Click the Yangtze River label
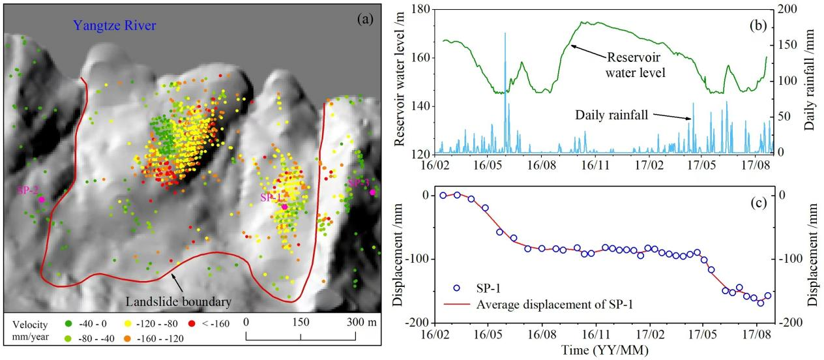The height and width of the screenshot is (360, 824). [x=115, y=26]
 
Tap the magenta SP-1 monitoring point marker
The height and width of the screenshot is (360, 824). [x=285, y=207]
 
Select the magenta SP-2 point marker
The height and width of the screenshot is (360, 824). [x=41, y=200]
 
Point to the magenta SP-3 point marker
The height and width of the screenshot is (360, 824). [x=372, y=192]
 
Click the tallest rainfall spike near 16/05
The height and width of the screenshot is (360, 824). [x=505, y=34]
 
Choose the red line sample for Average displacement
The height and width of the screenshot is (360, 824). [x=456, y=304]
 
